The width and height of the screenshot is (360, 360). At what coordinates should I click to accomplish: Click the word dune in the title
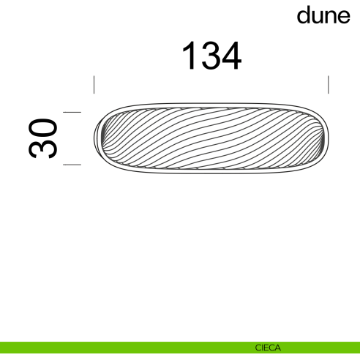click(x=323, y=16)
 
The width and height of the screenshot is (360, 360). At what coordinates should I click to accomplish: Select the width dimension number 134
click(x=211, y=56)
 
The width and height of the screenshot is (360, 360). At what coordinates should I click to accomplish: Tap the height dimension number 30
click(x=43, y=138)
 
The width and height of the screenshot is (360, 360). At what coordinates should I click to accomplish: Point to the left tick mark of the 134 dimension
click(x=94, y=84)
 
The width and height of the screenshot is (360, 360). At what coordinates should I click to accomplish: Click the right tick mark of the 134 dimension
click(x=329, y=84)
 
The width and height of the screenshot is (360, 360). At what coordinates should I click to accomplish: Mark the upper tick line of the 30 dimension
click(x=72, y=112)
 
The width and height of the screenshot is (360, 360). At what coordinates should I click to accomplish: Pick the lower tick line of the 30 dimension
click(x=72, y=165)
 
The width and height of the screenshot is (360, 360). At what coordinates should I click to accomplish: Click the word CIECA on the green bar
click(x=267, y=348)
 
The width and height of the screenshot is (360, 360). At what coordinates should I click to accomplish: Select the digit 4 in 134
click(x=230, y=56)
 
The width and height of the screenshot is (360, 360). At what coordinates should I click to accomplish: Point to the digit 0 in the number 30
click(x=43, y=127)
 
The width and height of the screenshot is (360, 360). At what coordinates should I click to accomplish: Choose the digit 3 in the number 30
click(x=43, y=149)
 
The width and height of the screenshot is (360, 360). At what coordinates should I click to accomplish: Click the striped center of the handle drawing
click(x=211, y=138)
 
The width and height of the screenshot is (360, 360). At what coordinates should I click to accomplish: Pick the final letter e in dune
click(x=342, y=18)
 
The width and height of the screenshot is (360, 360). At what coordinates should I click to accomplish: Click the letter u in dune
click(x=317, y=18)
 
